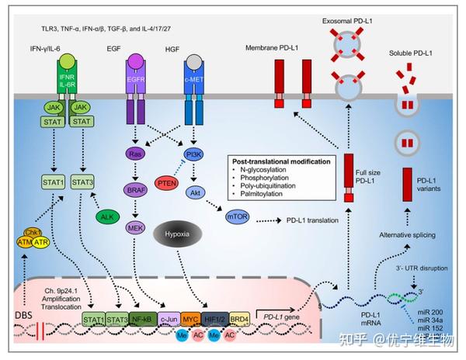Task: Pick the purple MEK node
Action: click(135, 228)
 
